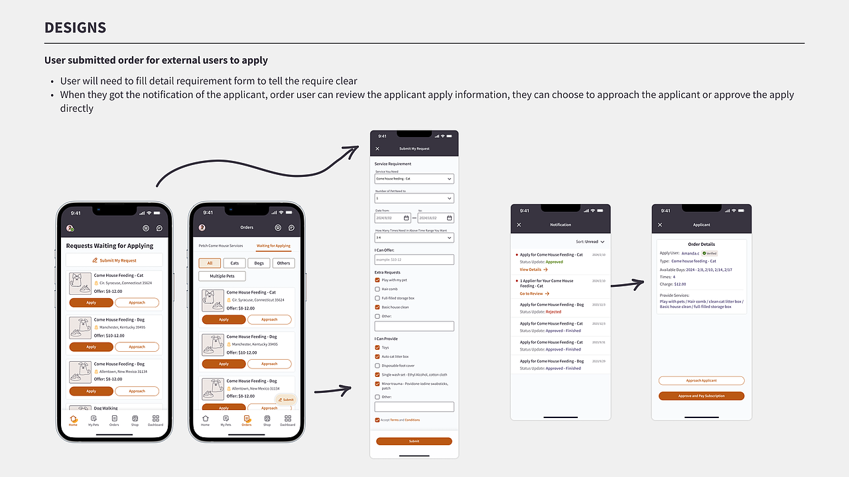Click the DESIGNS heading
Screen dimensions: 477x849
click(x=75, y=28)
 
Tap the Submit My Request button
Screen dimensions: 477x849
click(x=114, y=260)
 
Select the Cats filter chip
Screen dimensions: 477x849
click(x=234, y=263)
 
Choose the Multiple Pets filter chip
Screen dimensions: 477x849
click(x=222, y=276)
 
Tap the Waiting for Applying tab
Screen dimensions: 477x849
click(x=273, y=246)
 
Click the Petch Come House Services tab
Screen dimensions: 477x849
click(x=221, y=246)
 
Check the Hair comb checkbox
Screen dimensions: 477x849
click(x=377, y=289)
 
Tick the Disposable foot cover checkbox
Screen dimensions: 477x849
click(x=377, y=366)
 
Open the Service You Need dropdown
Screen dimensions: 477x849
click(x=414, y=179)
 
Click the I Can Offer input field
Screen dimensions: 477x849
click(x=414, y=260)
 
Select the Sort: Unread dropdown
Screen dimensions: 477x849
click(x=590, y=242)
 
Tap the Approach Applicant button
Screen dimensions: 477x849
click(x=701, y=381)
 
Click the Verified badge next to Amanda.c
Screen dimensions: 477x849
click(x=710, y=253)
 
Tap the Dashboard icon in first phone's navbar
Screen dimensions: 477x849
click(x=155, y=420)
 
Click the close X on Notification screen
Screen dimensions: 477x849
click(x=519, y=225)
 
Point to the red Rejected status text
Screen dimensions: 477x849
click(x=553, y=311)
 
